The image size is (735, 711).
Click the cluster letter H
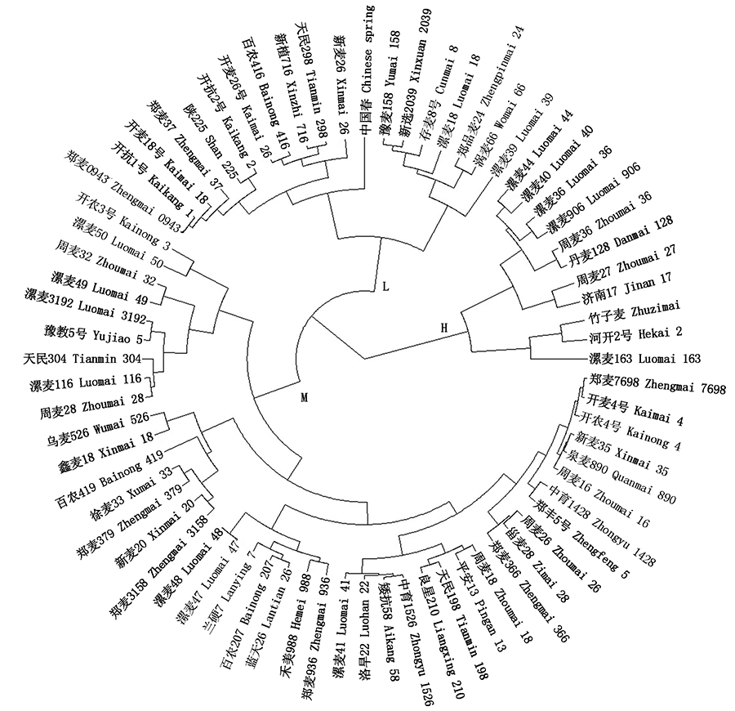click(x=444, y=328)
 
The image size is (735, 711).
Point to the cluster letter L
click(x=385, y=285)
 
